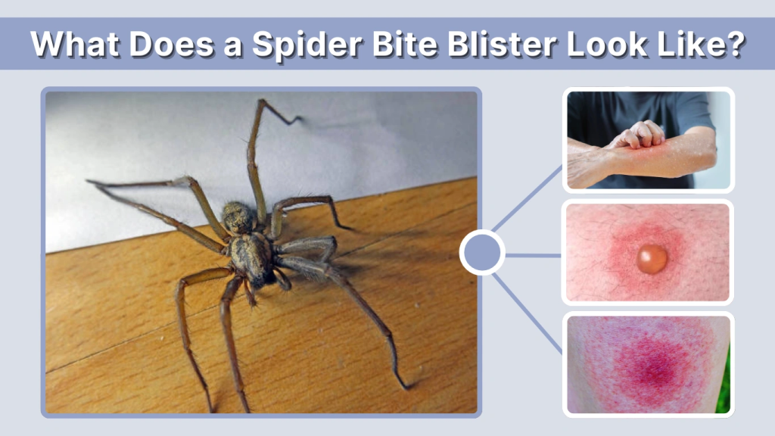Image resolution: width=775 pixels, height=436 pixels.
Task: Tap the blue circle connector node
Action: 482,254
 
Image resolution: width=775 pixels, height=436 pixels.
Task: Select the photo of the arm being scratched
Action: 648,140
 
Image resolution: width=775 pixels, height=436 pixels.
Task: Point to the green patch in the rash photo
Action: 724,394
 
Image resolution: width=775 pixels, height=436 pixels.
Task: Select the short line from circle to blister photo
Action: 533,255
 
